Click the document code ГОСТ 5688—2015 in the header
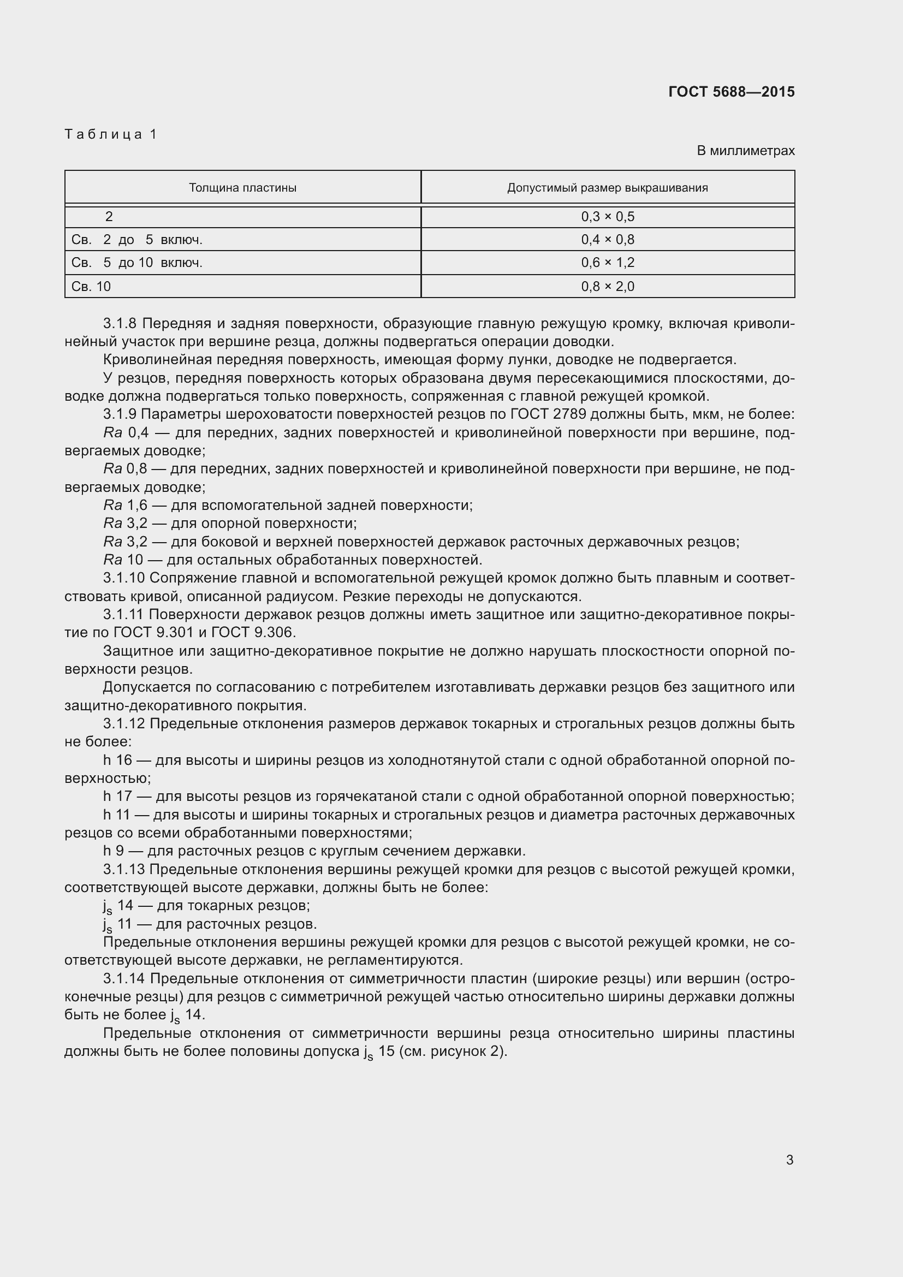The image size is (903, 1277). click(x=731, y=92)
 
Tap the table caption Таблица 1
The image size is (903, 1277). click(x=111, y=134)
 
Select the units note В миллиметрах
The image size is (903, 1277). click(x=745, y=151)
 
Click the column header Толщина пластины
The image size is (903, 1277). click(x=242, y=188)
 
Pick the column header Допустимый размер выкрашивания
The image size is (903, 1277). click(x=607, y=188)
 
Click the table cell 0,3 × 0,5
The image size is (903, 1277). click(x=607, y=217)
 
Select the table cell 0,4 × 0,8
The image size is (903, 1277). click(x=607, y=240)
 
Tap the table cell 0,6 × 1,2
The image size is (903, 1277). click(x=607, y=263)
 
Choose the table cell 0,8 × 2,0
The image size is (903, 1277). click(x=607, y=287)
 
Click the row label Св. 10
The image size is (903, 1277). click(x=91, y=287)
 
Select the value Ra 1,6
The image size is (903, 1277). click(x=124, y=505)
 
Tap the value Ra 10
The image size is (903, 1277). click(x=123, y=560)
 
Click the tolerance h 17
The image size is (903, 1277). click(x=117, y=797)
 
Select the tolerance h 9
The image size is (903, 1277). click(x=113, y=851)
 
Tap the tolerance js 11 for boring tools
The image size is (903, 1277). click(x=117, y=924)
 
